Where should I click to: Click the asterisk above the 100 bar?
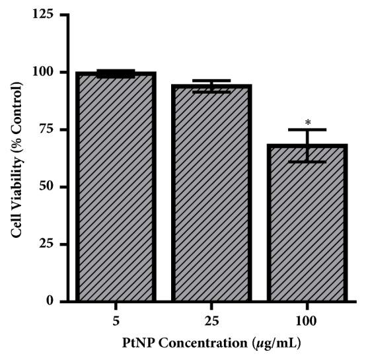308,123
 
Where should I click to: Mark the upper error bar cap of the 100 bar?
307,129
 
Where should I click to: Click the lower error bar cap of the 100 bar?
307,161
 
